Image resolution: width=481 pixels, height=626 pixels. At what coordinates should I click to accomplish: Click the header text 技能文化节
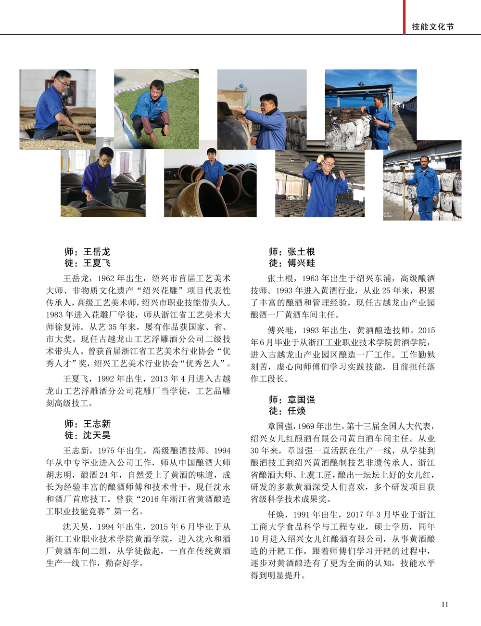coord(433,27)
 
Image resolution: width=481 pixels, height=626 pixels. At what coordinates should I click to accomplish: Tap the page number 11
coord(445,604)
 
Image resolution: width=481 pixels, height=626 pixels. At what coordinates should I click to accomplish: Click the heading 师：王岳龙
coord(88,251)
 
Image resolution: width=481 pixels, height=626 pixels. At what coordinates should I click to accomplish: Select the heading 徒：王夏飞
coord(88,263)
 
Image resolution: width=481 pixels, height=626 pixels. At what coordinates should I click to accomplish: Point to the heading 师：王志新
coord(88,423)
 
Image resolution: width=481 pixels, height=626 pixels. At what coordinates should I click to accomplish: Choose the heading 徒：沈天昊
coord(88,435)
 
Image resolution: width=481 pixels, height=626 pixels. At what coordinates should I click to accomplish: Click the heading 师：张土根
coord(292,251)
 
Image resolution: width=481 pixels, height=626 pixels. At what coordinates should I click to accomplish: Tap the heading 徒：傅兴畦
coord(292,263)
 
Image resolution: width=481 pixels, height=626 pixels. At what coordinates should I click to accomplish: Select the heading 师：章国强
coord(292,399)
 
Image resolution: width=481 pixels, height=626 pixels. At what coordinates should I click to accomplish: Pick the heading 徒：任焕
coord(287,411)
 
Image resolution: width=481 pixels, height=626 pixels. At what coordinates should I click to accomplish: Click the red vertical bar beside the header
coord(404,17)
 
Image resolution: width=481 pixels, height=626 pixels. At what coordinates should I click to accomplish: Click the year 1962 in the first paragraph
coord(106,278)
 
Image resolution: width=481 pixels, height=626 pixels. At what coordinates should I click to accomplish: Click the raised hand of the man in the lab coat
coord(342,175)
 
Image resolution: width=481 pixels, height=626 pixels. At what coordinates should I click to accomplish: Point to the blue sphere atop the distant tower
coord(241,86)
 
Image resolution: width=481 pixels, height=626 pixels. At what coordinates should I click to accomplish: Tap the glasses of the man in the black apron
coord(106,160)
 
